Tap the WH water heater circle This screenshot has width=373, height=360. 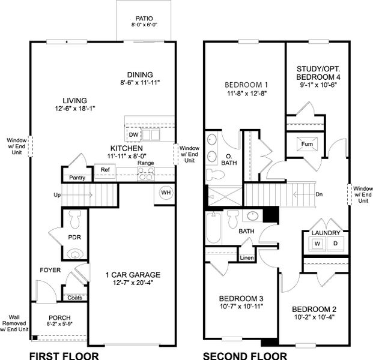(x=166, y=193)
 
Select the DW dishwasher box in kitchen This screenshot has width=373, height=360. (x=134, y=135)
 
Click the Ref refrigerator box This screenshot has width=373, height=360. (x=105, y=170)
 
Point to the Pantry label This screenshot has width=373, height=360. (x=77, y=178)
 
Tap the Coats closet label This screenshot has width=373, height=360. (x=74, y=297)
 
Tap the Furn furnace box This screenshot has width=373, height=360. (x=307, y=144)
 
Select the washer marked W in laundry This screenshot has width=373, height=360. (x=317, y=244)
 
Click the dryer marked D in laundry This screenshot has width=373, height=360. (x=335, y=244)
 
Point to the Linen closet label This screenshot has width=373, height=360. (x=247, y=258)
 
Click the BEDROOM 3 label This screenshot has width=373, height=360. (x=241, y=298)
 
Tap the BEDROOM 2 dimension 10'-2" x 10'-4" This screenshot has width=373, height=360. (x=314, y=317)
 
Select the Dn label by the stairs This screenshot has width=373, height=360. (x=319, y=194)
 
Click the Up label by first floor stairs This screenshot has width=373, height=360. (x=57, y=195)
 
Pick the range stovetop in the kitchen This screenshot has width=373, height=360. (x=145, y=173)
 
